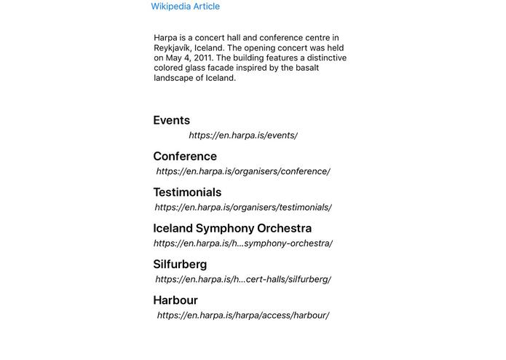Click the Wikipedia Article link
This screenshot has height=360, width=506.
click(185, 7)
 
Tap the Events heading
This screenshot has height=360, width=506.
click(171, 120)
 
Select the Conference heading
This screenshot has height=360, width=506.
click(185, 156)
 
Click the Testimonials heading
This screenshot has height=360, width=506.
click(187, 192)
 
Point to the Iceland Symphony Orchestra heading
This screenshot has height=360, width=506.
click(232, 228)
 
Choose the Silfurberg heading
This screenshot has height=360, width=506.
click(180, 264)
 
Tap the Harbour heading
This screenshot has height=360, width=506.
click(175, 300)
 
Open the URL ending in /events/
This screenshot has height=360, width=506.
click(243, 136)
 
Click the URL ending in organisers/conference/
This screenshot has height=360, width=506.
click(243, 172)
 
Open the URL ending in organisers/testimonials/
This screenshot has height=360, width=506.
click(243, 208)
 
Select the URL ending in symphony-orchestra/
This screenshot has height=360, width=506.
click(243, 243)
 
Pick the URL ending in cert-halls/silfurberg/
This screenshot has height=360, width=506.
click(243, 279)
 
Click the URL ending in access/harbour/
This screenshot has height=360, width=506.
click(243, 316)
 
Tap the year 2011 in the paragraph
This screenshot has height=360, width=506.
click(203, 58)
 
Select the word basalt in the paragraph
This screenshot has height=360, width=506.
click(304, 69)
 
